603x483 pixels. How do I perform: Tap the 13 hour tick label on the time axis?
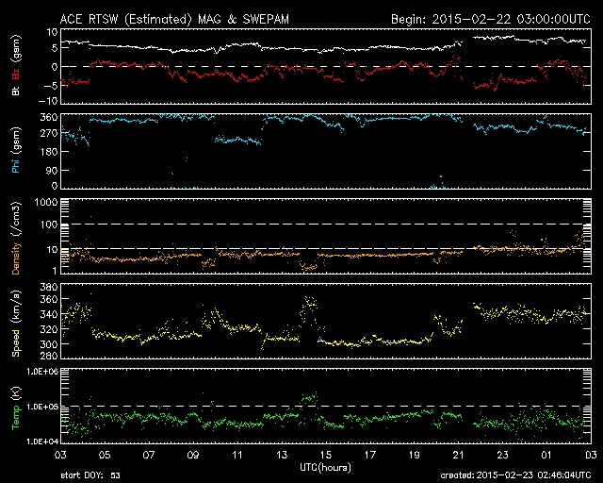[x=282, y=455]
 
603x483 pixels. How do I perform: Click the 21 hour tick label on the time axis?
[x=456, y=455]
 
